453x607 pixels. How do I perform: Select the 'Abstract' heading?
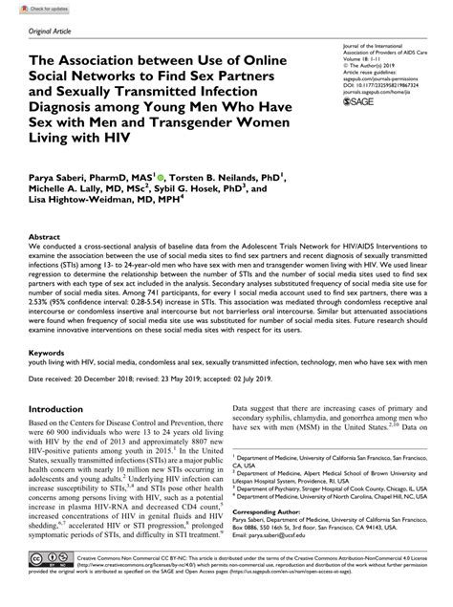[x=48, y=236]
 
